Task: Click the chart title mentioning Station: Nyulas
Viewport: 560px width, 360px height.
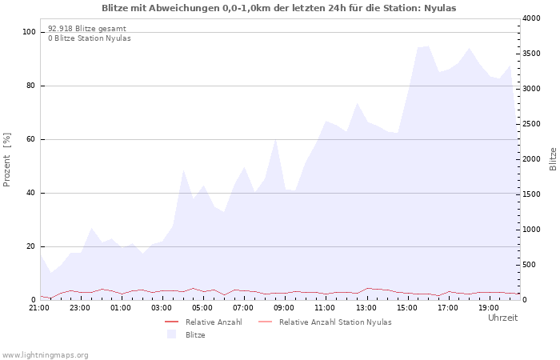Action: [x=278, y=8]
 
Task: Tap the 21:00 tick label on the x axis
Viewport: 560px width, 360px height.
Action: [x=39, y=308]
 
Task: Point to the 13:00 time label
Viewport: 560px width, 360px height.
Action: [x=366, y=308]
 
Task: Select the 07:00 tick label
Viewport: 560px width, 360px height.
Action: [x=243, y=308]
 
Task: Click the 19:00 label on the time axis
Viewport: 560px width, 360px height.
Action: [x=489, y=308]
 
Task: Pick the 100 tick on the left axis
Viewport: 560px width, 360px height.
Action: [x=29, y=32]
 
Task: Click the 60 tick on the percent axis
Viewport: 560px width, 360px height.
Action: [x=31, y=139]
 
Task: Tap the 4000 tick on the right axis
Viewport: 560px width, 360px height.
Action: [x=531, y=18]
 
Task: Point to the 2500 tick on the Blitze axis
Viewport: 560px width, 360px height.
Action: [x=531, y=124]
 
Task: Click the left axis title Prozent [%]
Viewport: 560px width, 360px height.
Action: [x=6, y=160]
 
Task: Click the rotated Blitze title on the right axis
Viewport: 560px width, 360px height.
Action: [x=553, y=159]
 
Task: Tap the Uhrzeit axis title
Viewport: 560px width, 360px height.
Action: [x=502, y=318]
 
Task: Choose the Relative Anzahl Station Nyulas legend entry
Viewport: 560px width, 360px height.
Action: [x=335, y=322]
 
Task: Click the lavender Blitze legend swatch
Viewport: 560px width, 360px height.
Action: [x=171, y=334]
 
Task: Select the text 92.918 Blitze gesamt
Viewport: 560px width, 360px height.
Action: [x=87, y=29]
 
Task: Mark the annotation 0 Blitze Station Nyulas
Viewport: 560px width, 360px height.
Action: [x=90, y=38]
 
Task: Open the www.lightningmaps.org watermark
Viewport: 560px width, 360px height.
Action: [x=44, y=355]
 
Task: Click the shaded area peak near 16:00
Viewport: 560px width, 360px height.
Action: [x=428, y=46]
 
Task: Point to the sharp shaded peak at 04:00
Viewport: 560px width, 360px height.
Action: [x=183, y=170]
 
